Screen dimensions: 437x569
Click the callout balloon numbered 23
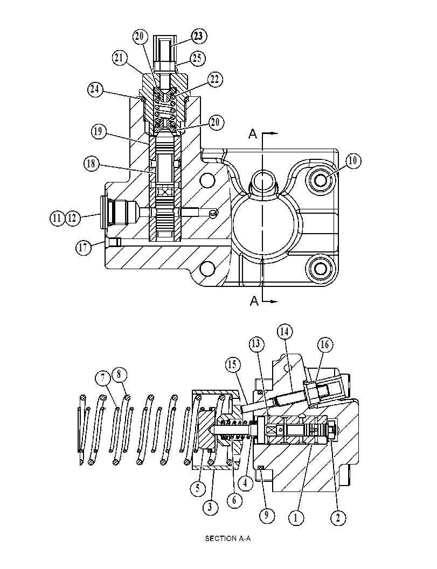coord(198,36)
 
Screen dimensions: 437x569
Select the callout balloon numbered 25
coord(197,58)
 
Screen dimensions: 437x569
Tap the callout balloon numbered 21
coord(120,58)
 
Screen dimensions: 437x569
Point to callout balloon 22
coord(214,79)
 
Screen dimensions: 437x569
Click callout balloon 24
coord(95,89)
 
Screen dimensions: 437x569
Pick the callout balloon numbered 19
coord(98,131)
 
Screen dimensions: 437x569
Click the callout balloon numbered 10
coord(353,160)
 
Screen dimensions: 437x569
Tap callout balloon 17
coord(83,248)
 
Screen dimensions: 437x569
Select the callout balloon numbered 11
coord(57,218)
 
